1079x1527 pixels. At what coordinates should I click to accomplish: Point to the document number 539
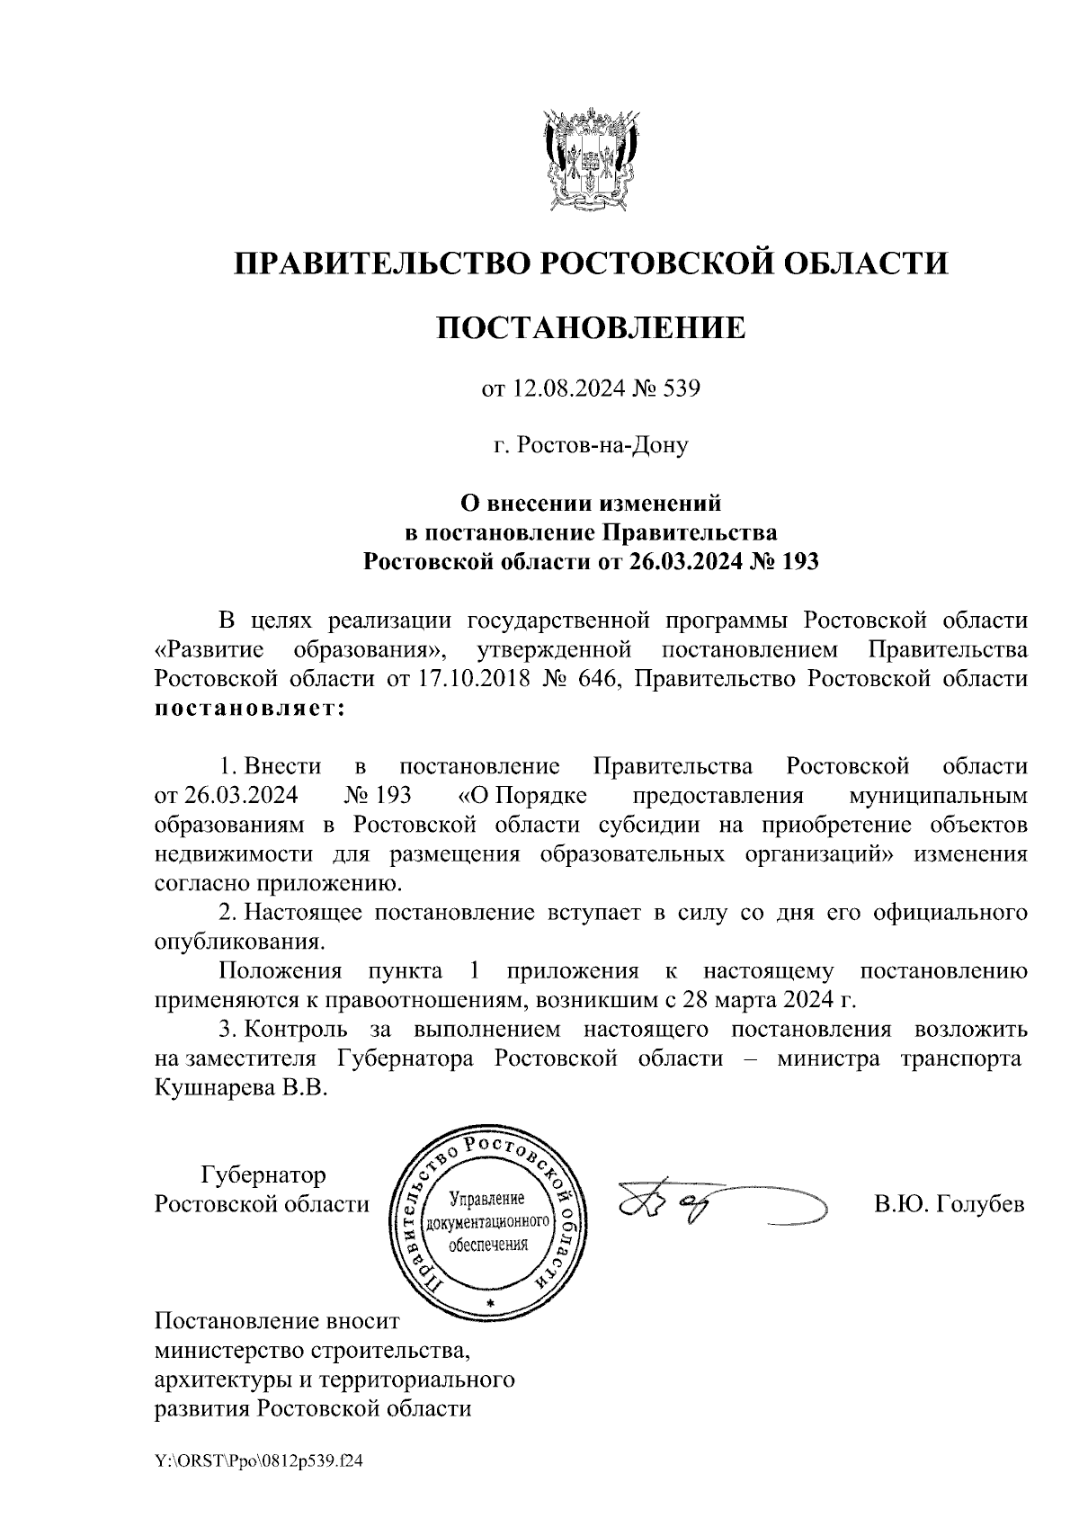[680, 389]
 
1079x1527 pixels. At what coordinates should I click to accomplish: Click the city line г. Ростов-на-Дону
[591, 444]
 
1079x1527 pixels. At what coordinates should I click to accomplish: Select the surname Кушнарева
[216, 1086]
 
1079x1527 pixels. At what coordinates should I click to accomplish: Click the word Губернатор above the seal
[263, 1174]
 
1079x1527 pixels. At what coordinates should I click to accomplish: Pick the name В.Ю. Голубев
[949, 1204]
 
